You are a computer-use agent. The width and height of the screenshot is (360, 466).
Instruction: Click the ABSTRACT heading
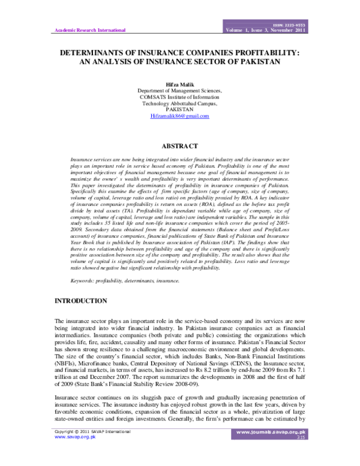pos(179,146)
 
